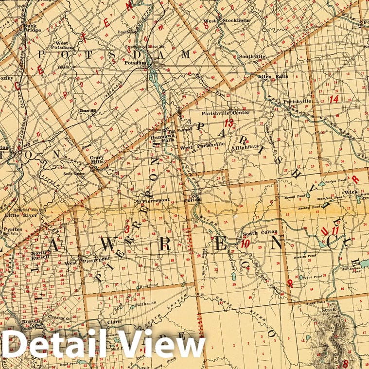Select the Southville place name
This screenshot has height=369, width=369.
[252, 56]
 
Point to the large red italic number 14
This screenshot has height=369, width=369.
[334, 99]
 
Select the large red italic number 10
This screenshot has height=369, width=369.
[246, 244]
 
